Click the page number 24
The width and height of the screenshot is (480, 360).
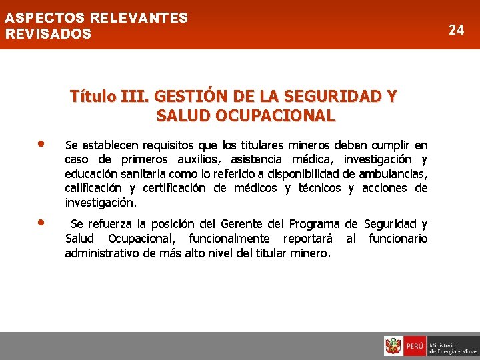click(456, 30)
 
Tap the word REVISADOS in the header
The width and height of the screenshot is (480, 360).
click(48, 33)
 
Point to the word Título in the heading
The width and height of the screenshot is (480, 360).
click(93, 97)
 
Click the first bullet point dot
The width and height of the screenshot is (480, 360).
click(41, 143)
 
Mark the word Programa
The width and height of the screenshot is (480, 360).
click(313, 224)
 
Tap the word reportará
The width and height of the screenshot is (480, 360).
click(310, 239)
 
